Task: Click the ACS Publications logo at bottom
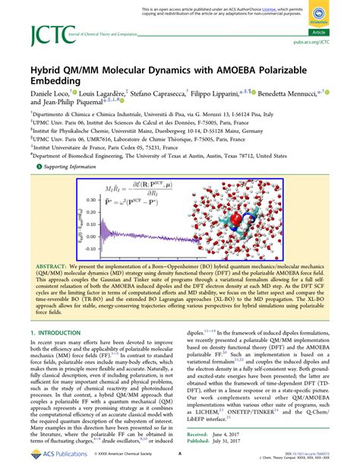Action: pyautogui.click(x=52, y=460)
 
